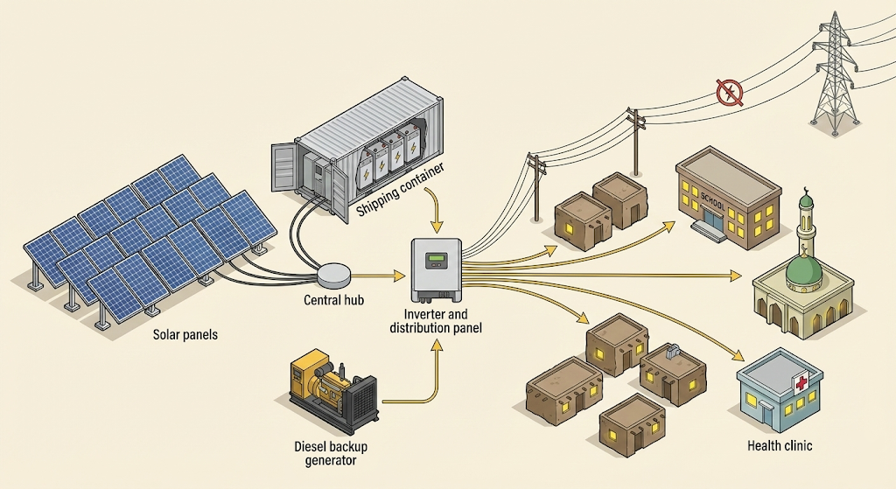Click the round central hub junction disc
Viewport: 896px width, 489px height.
[333, 275]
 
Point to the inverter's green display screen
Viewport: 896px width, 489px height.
[437, 260]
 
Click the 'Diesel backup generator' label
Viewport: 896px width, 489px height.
[331, 453]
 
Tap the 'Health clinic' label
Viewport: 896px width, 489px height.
[780, 446]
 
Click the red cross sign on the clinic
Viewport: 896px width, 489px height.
[800, 383]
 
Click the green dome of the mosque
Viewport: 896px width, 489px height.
[803, 269]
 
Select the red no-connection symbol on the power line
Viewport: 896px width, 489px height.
[728, 92]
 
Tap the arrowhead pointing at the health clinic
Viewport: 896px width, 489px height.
[739, 358]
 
